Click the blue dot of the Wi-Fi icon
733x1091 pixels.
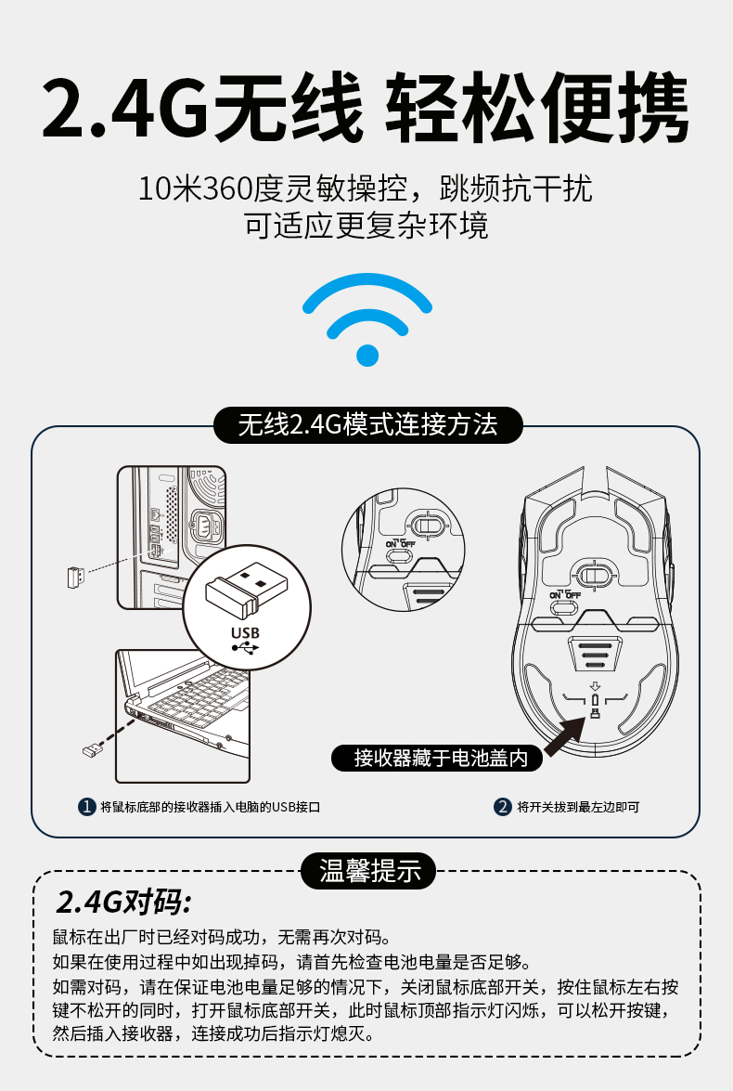click(367, 355)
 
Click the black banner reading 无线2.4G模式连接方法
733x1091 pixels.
click(367, 424)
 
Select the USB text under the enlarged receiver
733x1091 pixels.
click(245, 632)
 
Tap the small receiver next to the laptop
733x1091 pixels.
click(91, 750)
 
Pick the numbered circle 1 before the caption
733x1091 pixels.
click(86, 807)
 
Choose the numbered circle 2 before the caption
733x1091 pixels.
click(502, 807)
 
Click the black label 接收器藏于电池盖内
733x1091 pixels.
click(437, 758)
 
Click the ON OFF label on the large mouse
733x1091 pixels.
click(565, 595)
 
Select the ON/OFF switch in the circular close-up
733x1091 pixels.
click(400, 555)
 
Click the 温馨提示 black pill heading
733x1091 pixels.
click(367, 871)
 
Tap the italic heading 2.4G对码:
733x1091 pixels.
click(123, 902)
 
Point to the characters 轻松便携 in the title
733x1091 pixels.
click(536, 108)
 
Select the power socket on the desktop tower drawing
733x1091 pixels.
click(207, 526)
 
